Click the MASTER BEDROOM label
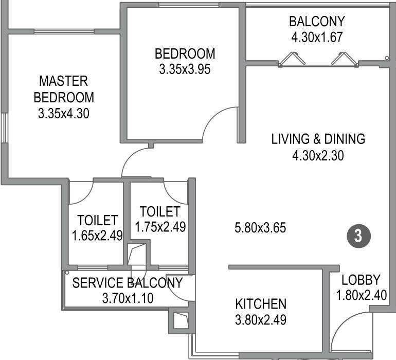pos(64,89)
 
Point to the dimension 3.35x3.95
pos(185,69)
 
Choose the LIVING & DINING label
pos(318,139)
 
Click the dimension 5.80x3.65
pos(260,227)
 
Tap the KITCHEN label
pos(260,303)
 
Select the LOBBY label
pos(361,280)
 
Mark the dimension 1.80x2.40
pos(361,295)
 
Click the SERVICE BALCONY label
pos(127,283)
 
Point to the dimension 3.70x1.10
pos(127,298)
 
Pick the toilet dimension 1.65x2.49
pos(97,236)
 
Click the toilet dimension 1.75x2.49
pos(160,226)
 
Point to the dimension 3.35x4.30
pos(64,113)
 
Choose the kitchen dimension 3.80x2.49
pos(260,319)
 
